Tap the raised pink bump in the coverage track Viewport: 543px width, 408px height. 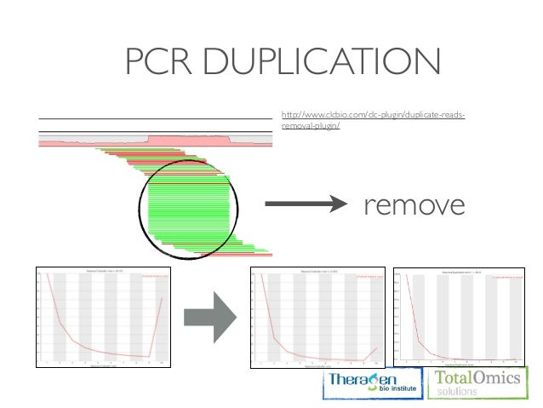(189, 139)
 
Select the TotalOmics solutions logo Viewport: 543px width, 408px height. (477, 383)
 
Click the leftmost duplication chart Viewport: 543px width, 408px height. (103, 318)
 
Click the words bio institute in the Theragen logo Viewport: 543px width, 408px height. (380, 393)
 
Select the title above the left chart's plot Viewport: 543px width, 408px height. (103, 273)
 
